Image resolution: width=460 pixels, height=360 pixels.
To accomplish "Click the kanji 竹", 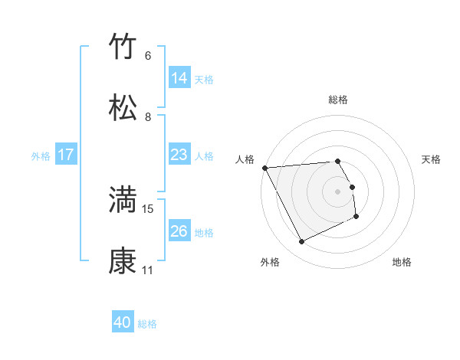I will click(x=123, y=47).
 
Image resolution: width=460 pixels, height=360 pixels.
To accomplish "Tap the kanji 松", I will click(x=123, y=107).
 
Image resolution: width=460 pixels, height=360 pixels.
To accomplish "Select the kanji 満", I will click(x=123, y=200).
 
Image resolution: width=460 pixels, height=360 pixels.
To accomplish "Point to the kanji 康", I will click(x=123, y=261).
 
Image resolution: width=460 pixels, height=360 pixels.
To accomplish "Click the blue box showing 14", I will click(x=179, y=78).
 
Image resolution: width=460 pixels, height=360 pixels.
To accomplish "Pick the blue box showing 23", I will click(x=179, y=155).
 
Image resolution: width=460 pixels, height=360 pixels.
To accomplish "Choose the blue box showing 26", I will click(x=179, y=231).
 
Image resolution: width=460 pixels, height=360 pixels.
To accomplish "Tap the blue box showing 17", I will click(x=66, y=155).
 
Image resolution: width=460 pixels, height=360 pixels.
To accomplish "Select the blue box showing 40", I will click(x=123, y=323).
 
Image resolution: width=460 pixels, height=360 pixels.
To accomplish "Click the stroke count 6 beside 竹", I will click(x=148, y=56).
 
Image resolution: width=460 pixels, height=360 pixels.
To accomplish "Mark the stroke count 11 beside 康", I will click(x=148, y=270).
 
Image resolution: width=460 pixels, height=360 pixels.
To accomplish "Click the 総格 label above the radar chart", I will click(x=338, y=100).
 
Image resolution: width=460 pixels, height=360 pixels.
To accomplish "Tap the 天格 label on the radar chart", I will click(x=432, y=159).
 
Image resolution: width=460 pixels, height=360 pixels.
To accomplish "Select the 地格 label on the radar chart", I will click(x=402, y=262).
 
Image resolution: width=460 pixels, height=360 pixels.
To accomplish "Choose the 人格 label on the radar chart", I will click(x=245, y=159).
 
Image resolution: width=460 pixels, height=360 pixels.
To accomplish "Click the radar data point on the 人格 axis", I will click(x=264, y=168).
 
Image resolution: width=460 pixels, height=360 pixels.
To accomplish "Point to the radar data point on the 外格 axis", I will click(x=302, y=242).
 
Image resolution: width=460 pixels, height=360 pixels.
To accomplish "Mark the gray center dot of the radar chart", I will click(x=338, y=191).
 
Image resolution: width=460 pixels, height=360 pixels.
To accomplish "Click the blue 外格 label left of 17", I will click(x=41, y=155).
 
